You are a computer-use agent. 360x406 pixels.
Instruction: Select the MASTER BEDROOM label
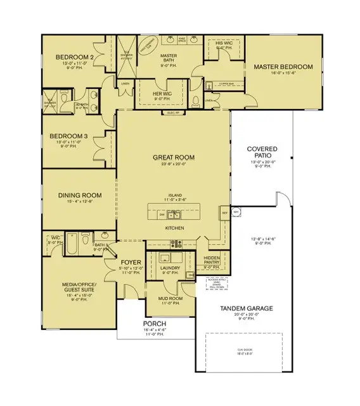click(x=283, y=67)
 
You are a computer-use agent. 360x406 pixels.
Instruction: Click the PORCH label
click(x=154, y=324)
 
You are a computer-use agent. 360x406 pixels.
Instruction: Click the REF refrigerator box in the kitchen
click(x=224, y=213)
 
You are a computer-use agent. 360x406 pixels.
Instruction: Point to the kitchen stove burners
click(x=175, y=243)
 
